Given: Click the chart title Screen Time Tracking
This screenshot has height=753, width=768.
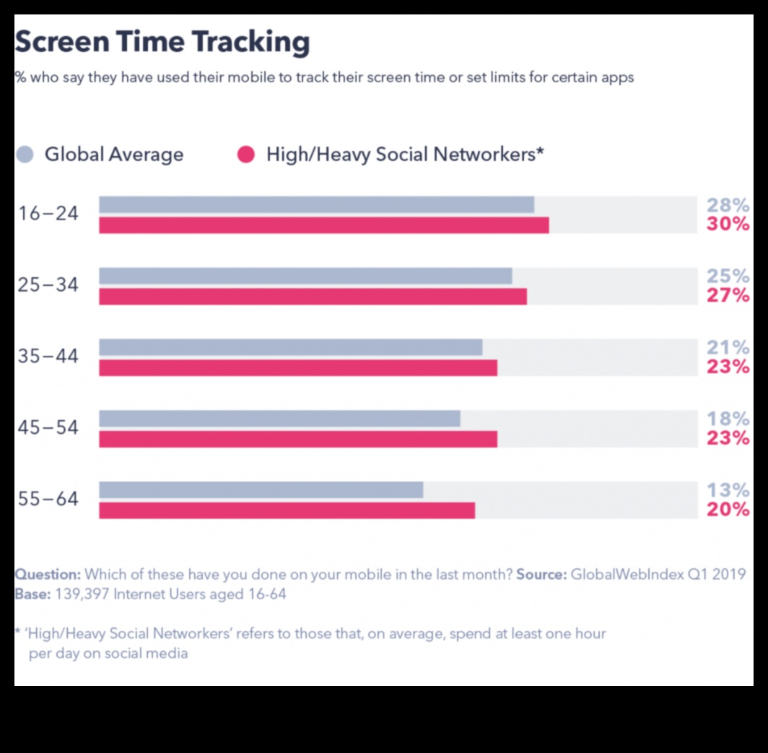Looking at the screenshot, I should [162, 43].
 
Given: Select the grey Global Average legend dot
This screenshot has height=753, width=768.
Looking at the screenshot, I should [25, 154].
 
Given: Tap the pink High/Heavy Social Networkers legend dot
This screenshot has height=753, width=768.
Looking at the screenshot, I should [246, 154].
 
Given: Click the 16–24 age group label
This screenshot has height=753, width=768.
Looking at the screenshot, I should [48, 214].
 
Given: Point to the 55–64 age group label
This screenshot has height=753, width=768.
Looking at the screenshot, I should [48, 499].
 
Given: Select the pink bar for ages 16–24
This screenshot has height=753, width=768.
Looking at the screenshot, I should [323, 225].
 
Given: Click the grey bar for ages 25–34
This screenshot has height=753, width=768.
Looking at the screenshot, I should [305, 276].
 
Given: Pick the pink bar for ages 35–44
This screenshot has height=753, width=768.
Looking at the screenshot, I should [297, 367].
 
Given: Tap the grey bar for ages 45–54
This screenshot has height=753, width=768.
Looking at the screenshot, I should [279, 419].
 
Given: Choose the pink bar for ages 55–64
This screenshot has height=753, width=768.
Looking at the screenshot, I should [287, 510].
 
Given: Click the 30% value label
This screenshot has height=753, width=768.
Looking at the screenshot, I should [728, 224].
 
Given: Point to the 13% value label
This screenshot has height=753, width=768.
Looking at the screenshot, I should [728, 490].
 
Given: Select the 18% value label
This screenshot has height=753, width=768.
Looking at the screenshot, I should [728, 419].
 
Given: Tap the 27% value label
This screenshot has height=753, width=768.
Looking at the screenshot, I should [728, 295].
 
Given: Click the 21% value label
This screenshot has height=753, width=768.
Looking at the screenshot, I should [728, 347].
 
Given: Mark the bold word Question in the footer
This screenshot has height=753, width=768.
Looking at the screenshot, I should [48, 575].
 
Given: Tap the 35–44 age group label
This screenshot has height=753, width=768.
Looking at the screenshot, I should [48, 357].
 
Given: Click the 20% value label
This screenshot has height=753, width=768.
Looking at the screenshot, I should [728, 510].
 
